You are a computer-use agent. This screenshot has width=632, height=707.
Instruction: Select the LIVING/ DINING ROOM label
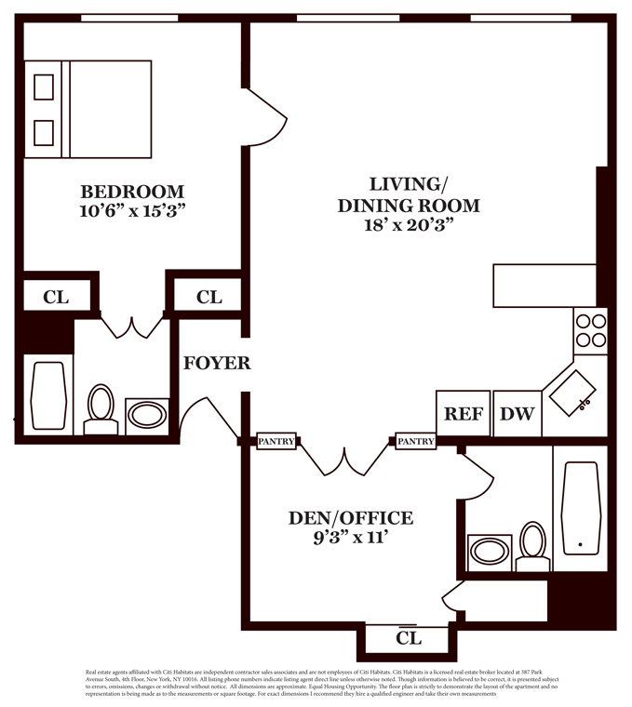pyautogui.click(x=408, y=194)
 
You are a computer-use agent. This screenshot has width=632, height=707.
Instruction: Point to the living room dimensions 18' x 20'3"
pyautogui.click(x=409, y=225)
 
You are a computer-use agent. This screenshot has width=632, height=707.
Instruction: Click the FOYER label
pyautogui.click(x=216, y=363)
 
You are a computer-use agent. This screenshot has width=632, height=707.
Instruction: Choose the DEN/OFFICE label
pyautogui.click(x=349, y=518)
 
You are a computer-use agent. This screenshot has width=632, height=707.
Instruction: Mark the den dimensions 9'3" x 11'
pyautogui.click(x=349, y=537)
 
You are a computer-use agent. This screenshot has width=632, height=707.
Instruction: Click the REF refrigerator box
pyautogui.click(x=463, y=413)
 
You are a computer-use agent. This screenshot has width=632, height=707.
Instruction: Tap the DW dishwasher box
pyautogui.click(x=517, y=413)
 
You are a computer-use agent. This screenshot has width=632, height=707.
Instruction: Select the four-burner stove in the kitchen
pyautogui.click(x=590, y=329)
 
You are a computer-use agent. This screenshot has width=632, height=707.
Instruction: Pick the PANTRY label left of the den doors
pyautogui.click(x=276, y=442)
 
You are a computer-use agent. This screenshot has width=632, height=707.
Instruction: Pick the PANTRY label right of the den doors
pyautogui.click(x=415, y=442)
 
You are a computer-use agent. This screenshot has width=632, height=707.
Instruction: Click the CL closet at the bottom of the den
pyautogui.click(x=409, y=639)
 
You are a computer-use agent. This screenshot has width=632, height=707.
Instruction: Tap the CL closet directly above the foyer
pyautogui.click(x=209, y=297)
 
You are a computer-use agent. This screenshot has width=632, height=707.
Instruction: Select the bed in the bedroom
pyautogui.click(x=88, y=109)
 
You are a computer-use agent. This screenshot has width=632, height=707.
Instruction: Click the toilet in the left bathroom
pyautogui.click(x=101, y=409)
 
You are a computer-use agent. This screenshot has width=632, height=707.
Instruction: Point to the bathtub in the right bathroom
pyautogui.click(x=580, y=508)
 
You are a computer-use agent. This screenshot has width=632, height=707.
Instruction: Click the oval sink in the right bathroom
pyautogui.click(x=490, y=552)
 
